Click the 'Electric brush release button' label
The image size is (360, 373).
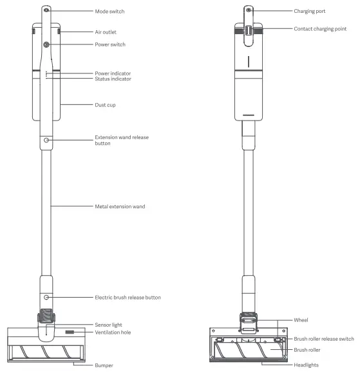click(x=128, y=298)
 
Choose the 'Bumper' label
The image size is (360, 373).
click(x=104, y=365)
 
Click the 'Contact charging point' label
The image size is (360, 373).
click(x=321, y=29)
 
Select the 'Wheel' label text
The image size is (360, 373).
click(x=301, y=319)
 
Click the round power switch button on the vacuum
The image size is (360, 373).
click(x=47, y=44)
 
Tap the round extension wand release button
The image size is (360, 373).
click(x=47, y=139)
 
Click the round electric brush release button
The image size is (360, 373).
click(x=47, y=298)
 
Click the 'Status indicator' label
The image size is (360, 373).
click(x=113, y=79)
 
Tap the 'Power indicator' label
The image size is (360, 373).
click(x=113, y=73)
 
